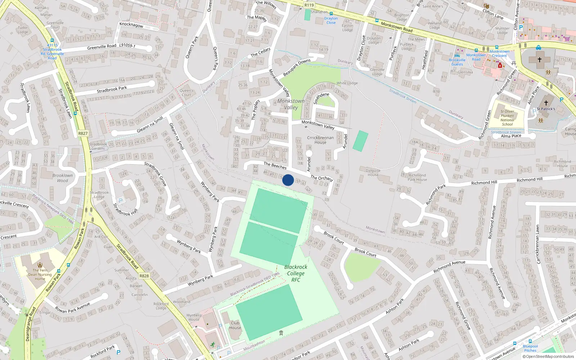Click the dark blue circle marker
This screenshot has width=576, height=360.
[288, 180]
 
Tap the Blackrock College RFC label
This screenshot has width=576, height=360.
[296, 273]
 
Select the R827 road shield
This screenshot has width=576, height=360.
[83, 133]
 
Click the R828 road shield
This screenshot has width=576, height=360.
[144, 276]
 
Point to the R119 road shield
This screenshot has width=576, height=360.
[309, 5]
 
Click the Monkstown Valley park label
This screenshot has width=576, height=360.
[291, 104]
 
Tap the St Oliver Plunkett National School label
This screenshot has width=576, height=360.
[507, 118]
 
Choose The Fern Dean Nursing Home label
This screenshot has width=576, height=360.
[40, 274]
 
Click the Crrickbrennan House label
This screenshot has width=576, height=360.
[320, 140]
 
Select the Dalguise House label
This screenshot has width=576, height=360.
[373, 172]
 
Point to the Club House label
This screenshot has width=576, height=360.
[235, 325]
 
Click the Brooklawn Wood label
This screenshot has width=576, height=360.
[62, 178]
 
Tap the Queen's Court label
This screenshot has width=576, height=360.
[186, 93]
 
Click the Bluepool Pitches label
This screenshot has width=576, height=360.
[530, 348]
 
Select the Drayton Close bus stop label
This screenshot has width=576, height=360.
[331, 21]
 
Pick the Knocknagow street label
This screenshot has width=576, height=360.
[131, 25]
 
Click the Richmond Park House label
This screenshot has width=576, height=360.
[417, 177]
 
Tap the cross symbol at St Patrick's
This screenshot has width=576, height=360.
[546, 103]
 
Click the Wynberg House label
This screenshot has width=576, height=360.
[194, 317]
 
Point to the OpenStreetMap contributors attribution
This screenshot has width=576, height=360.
[548, 356]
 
